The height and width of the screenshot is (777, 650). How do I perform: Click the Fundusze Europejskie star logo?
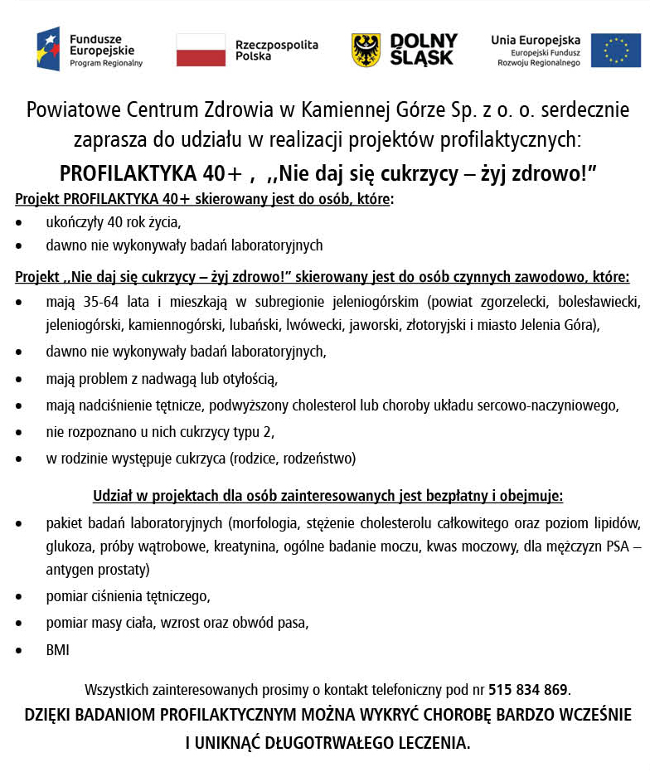tap(48, 49)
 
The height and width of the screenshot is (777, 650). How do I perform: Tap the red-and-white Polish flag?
tap(201, 50)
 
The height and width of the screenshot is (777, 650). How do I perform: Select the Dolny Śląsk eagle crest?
tap(366, 50)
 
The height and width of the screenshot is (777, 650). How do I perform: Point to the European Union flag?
tap(615, 50)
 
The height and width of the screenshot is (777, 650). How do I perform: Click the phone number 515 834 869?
tap(528, 689)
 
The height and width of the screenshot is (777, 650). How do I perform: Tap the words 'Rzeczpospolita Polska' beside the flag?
tap(275, 51)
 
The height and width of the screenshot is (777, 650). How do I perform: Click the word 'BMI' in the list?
tap(57, 651)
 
